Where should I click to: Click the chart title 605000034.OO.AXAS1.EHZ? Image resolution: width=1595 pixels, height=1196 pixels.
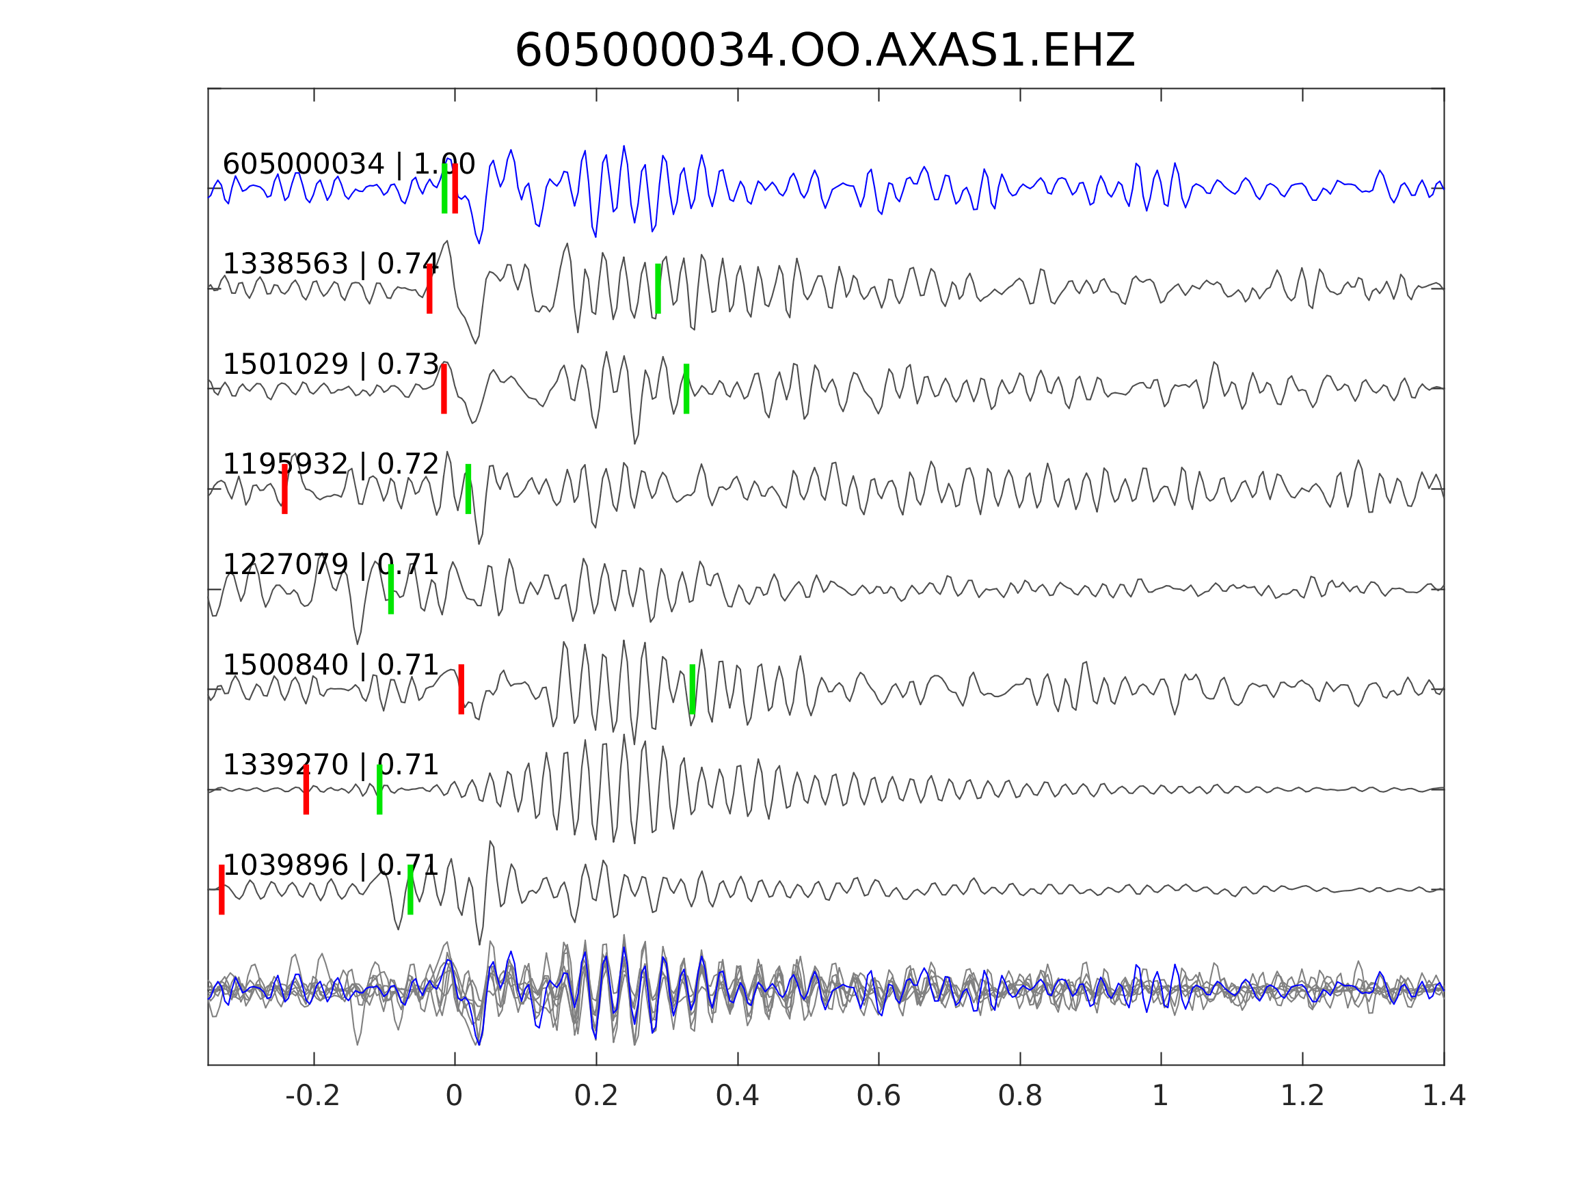pos(825,52)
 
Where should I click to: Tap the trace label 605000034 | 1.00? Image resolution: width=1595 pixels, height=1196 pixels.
pos(348,165)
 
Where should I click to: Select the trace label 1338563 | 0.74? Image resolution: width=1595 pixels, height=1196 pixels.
pos(330,264)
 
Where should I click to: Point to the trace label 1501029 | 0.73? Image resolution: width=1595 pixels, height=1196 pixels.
pos(330,365)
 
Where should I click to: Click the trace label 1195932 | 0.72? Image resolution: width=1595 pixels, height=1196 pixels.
pos(330,465)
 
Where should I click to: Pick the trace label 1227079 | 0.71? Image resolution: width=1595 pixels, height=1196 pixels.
pos(330,565)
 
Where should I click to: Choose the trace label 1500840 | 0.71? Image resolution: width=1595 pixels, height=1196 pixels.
pos(330,666)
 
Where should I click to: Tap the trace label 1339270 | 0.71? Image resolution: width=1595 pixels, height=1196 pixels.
pos(330,765)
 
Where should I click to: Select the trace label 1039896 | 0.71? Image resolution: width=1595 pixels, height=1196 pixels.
pos(330,865)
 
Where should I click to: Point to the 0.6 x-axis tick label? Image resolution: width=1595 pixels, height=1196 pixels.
pos(879,1096)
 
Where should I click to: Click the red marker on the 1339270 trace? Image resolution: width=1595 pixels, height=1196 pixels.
pos(306,789)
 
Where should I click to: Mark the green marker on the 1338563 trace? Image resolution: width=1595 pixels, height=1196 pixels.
pos(658,288)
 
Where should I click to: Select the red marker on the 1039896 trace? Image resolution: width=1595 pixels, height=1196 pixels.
pos(222,890)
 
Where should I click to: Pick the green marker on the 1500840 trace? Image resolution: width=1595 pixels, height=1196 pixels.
pos(693,689)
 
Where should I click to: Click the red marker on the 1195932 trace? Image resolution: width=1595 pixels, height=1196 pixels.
pos(285,489)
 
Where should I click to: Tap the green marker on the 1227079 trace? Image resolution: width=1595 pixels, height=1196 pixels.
pos(391,589)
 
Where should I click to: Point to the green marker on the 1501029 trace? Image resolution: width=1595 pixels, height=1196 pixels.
pos(686,389)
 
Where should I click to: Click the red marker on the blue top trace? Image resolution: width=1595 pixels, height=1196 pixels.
pos(455,188)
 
